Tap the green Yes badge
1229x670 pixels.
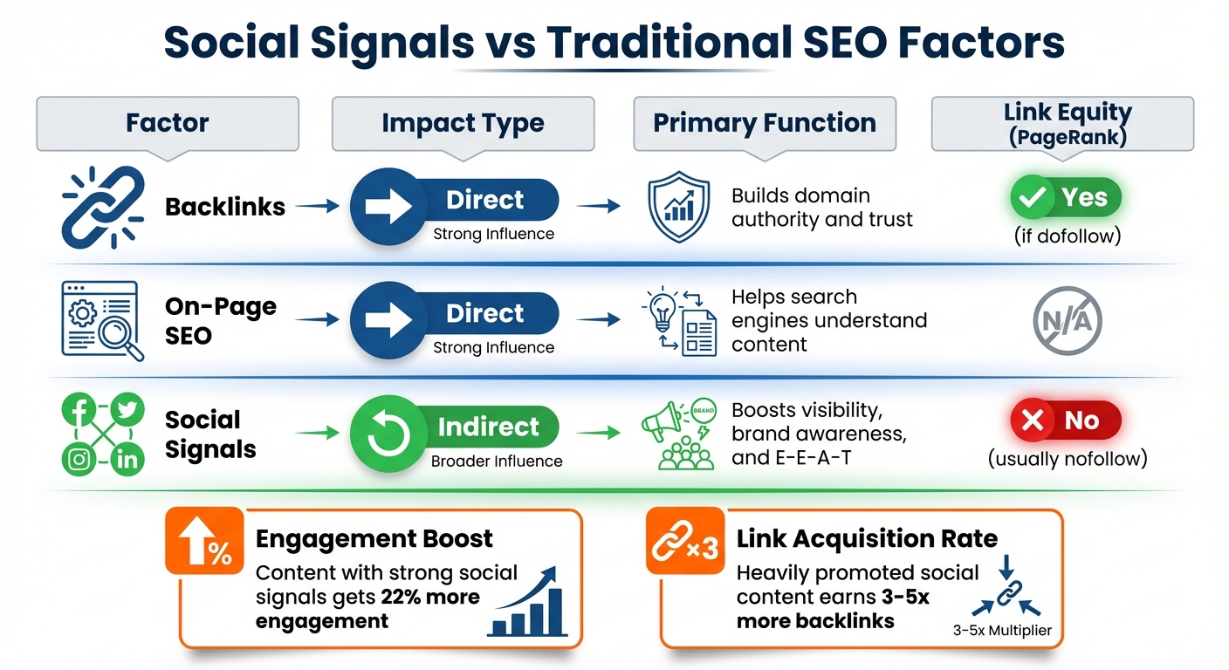click(x=1065, y=199)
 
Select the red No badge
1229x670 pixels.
click(x=1065, y=420)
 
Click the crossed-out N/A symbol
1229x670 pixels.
click(x=1067, y=322)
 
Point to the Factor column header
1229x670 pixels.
click(x=167, y=123)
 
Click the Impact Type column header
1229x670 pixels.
click(x=463, y=123)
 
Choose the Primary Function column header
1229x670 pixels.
click(x=765, y=123)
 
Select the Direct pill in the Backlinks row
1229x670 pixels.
click(x=455, y=201)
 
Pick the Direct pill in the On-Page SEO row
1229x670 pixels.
click(x=455, y=314)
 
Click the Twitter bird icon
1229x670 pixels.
click(x=127, y=411)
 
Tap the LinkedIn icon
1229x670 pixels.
click(x=127, y=460)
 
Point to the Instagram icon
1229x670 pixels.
click(x=79, y=460)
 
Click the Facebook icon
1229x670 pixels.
click(x=79, y=411)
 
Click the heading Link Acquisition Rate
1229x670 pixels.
click(x=867, y=539)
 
